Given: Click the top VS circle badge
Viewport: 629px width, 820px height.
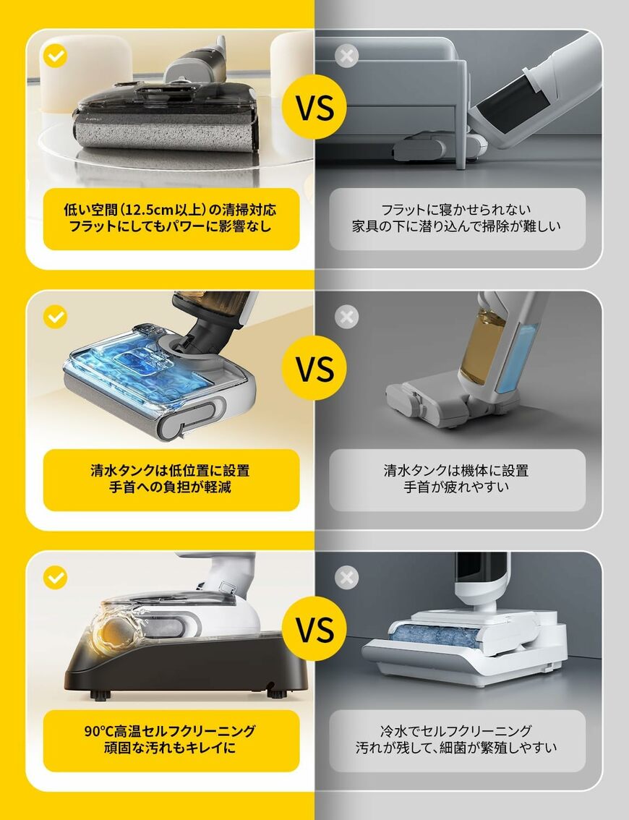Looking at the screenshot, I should (314, 108).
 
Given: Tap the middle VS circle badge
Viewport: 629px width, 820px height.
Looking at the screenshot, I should (314, 369).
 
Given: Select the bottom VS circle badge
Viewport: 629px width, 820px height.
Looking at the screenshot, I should (314, 629).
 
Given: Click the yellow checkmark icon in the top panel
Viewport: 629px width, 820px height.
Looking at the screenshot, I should (56, 56).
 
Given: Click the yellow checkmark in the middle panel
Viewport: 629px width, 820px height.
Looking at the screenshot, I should (56, 317).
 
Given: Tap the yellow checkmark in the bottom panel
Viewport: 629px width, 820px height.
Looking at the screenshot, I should (56, 577).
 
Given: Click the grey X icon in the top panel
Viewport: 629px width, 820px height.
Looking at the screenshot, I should (348, 56).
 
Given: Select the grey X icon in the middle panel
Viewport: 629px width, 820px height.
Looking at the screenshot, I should (348, 317).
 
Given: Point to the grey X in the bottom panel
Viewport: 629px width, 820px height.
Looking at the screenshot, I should (348, 577).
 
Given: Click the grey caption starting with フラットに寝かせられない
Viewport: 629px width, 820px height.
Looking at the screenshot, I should (457, 218).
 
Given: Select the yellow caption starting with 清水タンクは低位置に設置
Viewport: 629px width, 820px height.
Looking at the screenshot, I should (171, 479).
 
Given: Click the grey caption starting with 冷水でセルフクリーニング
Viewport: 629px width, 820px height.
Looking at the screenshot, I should (457, 740).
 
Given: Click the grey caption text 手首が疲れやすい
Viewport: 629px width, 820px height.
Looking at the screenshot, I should (457, 488).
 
